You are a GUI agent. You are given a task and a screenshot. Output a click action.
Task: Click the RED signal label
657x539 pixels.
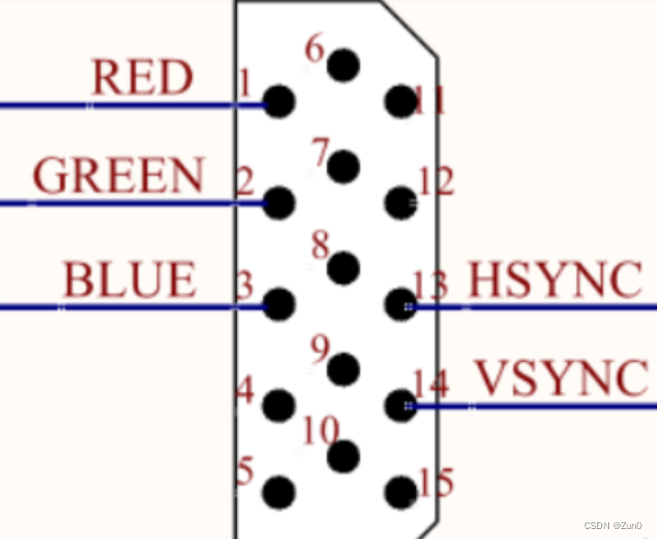click(x=141, y=78)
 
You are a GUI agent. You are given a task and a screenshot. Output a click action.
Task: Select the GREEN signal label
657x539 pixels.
click(x=118, y=176)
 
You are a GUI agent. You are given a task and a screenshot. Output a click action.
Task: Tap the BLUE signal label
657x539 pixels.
click(x=129, y=279)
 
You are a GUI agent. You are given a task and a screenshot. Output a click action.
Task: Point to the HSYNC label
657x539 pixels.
click(x=553, y=280)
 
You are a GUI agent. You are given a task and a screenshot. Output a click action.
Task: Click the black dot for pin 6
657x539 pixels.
click(x=343, y=66)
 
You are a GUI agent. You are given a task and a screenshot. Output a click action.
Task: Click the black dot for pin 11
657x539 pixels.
click(x=400, y=100)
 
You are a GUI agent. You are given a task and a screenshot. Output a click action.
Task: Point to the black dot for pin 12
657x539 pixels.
click(x=400, y=202)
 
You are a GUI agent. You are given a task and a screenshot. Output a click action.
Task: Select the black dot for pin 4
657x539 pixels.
click(x=280, y=404)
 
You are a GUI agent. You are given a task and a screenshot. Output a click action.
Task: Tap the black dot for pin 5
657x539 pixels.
click(x=280, y=491)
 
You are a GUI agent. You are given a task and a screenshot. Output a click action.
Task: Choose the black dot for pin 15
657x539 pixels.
click(x=400, y=491)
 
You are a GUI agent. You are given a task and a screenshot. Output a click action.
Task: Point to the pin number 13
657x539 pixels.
click(x=431, y=286)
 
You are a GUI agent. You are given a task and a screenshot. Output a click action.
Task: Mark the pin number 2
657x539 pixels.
click(x=244, y=182)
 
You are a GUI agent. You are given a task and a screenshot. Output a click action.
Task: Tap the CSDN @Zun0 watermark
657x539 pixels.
click(x=615, y=525)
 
